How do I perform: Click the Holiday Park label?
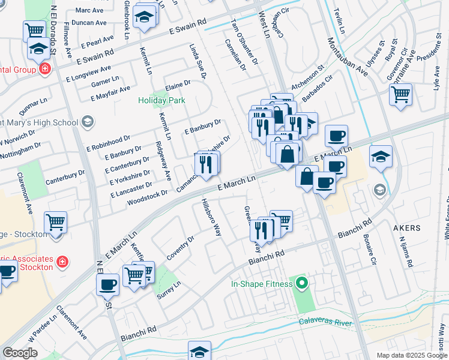click(x=161, y=101)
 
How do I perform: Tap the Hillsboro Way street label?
click(x=212, y=217)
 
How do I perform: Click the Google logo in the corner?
click(x=20, y=352)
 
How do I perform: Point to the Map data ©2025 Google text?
click(x=411, y=355)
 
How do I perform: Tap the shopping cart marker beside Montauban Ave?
click(x=400, y=94)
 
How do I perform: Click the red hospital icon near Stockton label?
click(x=62, y=262)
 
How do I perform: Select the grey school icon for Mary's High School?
click(x=88, y=123)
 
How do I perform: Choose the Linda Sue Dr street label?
click(x=197, y=62)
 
